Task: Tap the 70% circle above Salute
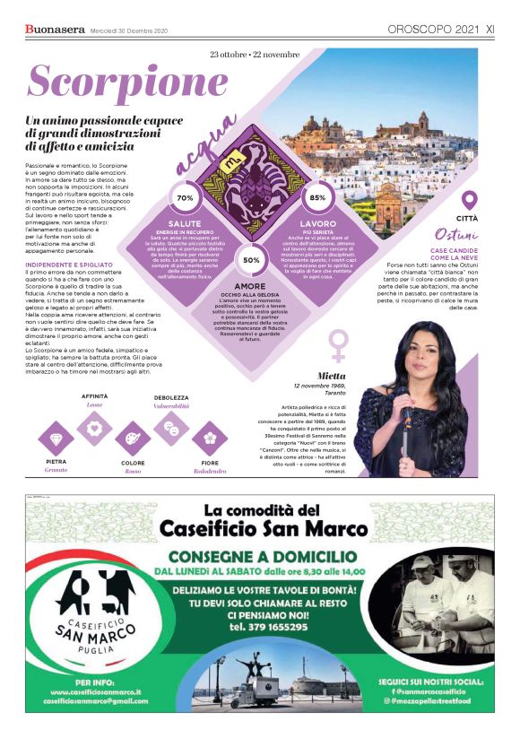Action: (186, 197)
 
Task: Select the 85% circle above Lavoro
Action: (317, 197)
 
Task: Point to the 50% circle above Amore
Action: (252, 260)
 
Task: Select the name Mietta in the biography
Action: (332, 375)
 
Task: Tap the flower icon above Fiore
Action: (209, 438)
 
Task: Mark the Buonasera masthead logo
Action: (54, 29)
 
